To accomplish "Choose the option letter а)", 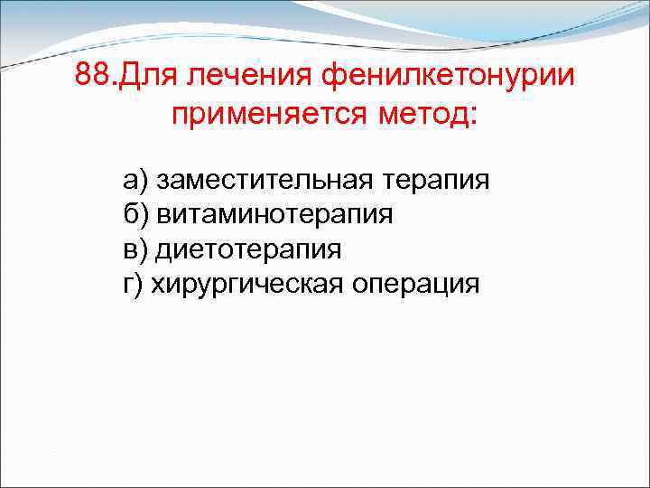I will [x=135, y=180].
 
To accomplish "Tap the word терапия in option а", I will [x=437, y=180].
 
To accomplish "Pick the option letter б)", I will [x=135, y=214].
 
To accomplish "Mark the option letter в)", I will [x=135, y=249].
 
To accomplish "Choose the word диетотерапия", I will [x=248, y=249].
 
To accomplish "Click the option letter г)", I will [x=133, y=284].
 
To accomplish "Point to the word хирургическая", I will [x=239, y=284].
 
